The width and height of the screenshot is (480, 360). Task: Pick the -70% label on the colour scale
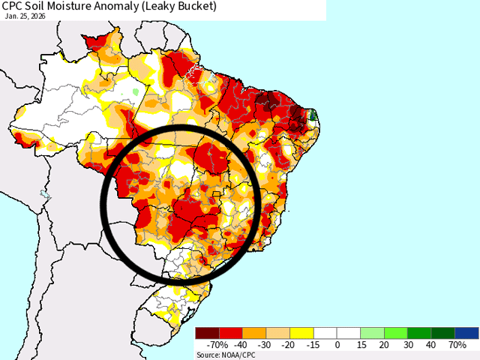(x=217, y=345)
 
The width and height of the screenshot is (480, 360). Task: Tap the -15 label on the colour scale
(x=313, y=345)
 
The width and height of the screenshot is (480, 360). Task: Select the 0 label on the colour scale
(x=337, y=345)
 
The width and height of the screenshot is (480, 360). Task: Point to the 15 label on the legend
(x=361, y=345)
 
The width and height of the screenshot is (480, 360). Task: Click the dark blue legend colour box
(x=466, y=333)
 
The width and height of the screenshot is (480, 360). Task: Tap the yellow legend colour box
(x=301, y=333)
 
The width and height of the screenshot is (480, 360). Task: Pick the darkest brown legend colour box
(x=207, y=333)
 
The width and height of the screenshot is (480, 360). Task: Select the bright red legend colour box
(x=230, y=333)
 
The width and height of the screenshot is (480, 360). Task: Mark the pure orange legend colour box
(x=254, y=333)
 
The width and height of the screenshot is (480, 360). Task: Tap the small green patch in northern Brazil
(x=136, y=91)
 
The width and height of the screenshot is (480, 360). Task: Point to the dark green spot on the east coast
(x=313, y=115)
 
